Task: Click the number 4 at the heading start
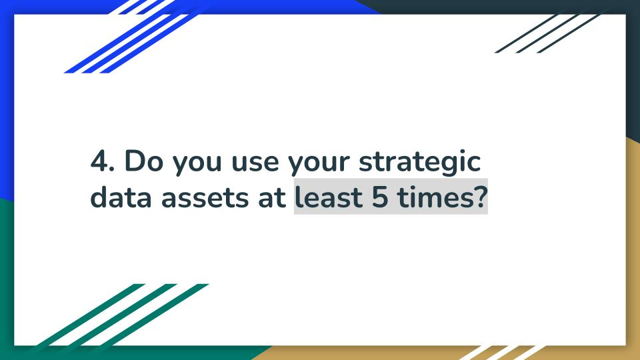[99, 161]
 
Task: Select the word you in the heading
[197, 164]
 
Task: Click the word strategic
[419, 162]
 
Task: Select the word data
[121, 197]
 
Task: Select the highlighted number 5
[380, 197]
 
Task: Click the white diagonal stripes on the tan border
[503, 353]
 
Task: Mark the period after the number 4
[112, 169]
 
